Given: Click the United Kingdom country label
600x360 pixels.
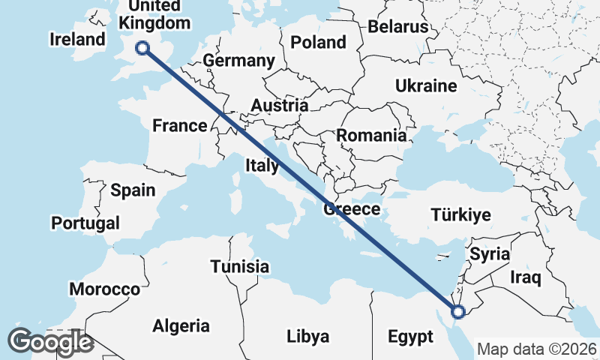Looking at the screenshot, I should pos(154,15).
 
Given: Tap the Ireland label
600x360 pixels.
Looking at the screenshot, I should pos(78,39).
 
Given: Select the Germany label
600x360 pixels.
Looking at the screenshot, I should pos(238,61).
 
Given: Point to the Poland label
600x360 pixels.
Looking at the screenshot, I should pos(318,42).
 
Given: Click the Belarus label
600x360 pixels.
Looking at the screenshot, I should pos(397,27).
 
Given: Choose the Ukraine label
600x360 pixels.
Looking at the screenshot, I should pos(426,85).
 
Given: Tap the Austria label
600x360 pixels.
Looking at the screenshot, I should pos(279,106).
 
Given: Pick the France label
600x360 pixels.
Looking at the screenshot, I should pos(179,125).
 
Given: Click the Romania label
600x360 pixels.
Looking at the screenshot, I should pos(371,136).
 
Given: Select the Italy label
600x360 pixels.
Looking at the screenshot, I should pos(262,164).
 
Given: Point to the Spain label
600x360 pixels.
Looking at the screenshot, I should pos(133,190).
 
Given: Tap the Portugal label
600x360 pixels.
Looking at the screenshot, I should pos(85,223).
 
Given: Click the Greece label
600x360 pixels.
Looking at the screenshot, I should pos(352,209).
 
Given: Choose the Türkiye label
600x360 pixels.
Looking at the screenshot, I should pos(460,215).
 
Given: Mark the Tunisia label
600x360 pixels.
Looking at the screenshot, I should pos(239,266).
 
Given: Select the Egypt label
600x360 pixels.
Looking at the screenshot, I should pos(410,336).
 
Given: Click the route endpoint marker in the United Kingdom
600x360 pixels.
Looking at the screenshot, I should pos(142,49).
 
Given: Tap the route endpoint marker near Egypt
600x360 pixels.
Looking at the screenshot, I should pos(458,311).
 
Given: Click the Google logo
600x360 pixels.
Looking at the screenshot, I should pos(50,342).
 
